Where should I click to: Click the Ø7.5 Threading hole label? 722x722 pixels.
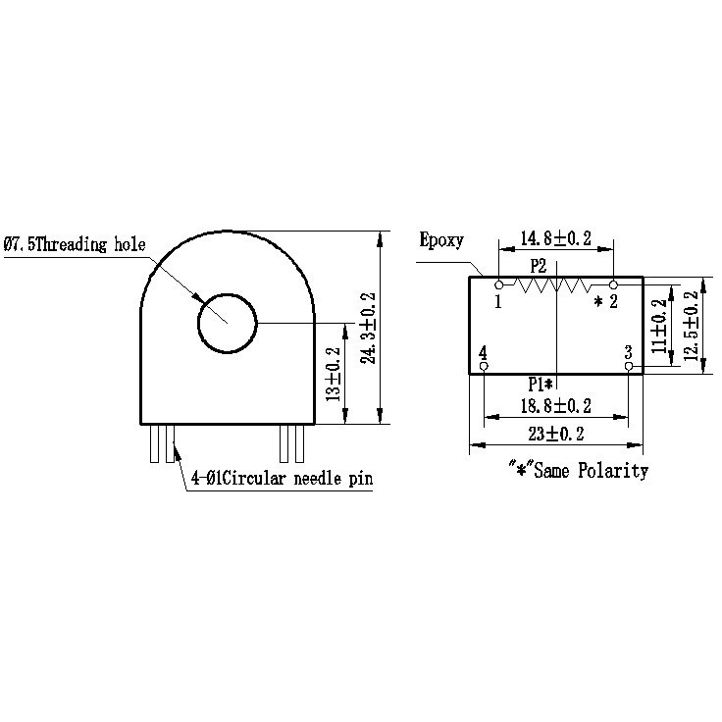[75, 245]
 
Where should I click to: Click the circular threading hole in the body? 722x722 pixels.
[227, 323]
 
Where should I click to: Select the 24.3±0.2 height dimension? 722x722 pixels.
[367, 328]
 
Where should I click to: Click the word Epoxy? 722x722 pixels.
[440, 240]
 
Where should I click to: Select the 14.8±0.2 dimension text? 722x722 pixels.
[555, 238]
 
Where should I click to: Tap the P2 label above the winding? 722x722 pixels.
[538, 265]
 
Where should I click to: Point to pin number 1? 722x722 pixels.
[498, 302]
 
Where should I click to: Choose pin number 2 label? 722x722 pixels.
[613, 302]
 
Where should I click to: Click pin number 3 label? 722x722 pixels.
[628, 350]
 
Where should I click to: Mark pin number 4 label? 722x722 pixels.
[483, 352]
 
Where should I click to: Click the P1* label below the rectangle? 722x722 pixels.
[541, 384]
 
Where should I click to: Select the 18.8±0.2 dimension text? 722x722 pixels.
[555, 406]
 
